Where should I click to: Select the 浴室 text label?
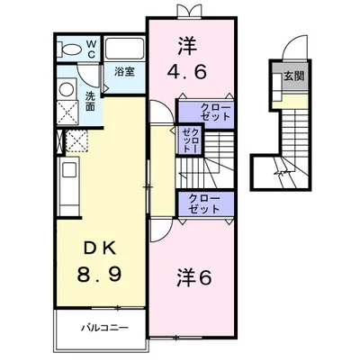tap(124, 72)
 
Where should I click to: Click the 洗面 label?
tap(91, 101)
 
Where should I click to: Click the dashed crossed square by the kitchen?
tap(76, 141)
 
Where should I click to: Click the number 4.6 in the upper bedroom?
tap(190, 68)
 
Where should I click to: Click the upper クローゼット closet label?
tap(209, 112)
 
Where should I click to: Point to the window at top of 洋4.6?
tap(190, 12)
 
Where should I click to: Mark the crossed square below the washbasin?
tap(66, 113)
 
